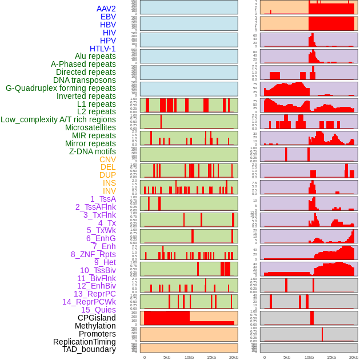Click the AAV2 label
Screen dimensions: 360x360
pos(106,9)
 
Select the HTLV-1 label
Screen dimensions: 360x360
pos(102,49)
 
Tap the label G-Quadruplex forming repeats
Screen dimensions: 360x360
pos(61,88)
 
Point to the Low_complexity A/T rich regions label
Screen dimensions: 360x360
pos(58,119)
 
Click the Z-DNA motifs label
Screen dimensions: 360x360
pos(92,151)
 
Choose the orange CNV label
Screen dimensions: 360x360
pos(107,159)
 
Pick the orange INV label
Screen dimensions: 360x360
pos(109,191)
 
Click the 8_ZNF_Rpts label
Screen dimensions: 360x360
pos(93,254)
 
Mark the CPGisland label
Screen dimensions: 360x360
pos(97,318)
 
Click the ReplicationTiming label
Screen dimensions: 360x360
pos(84,342)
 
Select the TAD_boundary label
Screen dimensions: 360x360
pos(89,349)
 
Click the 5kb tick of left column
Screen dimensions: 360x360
pos(167,357)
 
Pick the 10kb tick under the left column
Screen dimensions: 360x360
pos(189,357)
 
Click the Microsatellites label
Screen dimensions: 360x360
pos(90,127)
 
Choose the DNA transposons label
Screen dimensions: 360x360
pos(85,80)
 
